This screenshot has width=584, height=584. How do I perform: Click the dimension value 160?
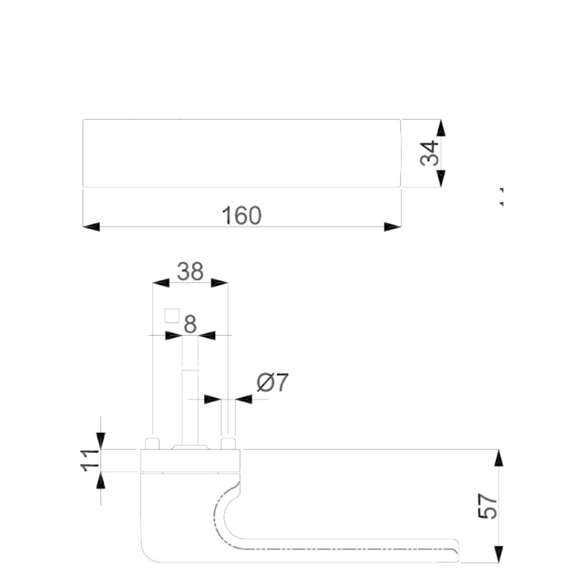pos(241,216)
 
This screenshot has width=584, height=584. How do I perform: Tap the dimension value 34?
pos(430,153)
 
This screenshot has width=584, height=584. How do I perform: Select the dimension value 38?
pos(190,271)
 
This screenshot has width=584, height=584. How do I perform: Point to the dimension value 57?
pos(488,506)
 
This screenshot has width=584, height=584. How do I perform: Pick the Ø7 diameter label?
pos(273,383)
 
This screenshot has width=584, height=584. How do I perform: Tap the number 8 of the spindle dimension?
pos(190,324)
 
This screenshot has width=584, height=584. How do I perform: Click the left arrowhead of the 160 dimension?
pos(91,227)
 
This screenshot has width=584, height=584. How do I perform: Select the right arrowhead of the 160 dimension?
pos(393,227)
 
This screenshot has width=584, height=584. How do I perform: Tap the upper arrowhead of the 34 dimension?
pos(441,128)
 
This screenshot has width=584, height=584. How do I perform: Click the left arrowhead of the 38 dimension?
pos(161,283)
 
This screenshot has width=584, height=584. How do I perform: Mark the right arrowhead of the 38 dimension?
pos(220,283)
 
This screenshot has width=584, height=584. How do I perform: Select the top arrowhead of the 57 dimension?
pos(498,458)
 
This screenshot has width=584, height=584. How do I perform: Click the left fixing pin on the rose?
pos(152,444)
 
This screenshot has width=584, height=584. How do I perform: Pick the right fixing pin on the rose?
pos(228,444)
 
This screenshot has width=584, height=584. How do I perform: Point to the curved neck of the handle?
pos(225,508)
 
